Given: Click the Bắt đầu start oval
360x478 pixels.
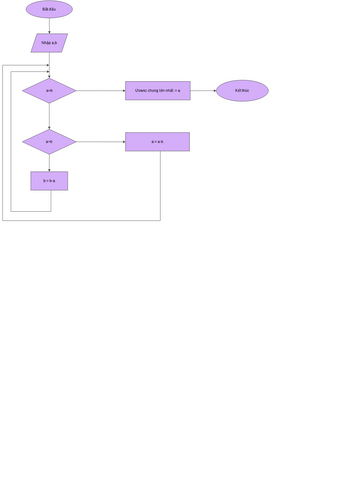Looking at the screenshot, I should click(x=49, y=9).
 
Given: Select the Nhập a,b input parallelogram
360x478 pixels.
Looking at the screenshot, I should click(x=49, y=43).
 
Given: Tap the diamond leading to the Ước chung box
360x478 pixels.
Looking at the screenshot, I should click(x=49, y=91).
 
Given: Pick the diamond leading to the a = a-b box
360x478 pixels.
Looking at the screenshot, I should click(x=49, y=142).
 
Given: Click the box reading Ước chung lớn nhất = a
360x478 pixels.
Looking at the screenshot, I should click(x=157, y=91).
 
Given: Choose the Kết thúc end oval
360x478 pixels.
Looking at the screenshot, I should click(x=242, y=91).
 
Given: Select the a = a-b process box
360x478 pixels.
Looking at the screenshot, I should click(x=157, y=142).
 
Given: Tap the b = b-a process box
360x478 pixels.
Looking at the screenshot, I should click(x=49, y=181).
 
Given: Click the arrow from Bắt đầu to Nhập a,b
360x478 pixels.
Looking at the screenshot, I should click(x=49, y=26).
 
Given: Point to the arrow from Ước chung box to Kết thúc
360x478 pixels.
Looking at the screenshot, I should click(x=203, y=91).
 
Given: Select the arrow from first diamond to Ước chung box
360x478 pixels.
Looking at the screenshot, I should click(x=100, y=91).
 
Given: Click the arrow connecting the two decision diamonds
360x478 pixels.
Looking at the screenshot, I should click(x=49, y=116).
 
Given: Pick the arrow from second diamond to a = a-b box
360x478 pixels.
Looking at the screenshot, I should click(x=100, y=142).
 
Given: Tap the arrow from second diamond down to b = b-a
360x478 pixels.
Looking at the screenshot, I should click(x=49, y=163).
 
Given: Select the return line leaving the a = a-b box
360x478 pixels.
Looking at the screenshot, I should click(x=80, y=220).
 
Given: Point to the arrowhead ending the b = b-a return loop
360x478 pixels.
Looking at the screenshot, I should click(x=46, y=72).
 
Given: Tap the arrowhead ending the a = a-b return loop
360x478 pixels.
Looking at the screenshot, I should click(x=46, y=66).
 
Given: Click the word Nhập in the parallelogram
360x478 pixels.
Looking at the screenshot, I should click(x=45, y=43).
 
